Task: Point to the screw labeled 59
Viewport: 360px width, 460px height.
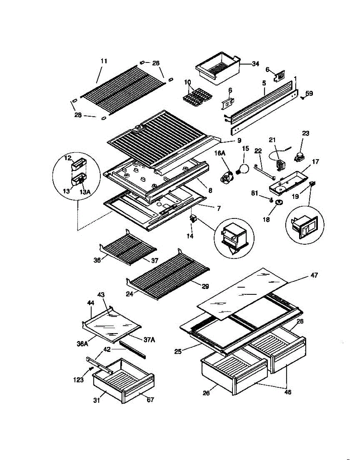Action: pyautogui.click(x=303, y=98)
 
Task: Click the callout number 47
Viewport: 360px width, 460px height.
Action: pyautogui.click(x=314, y=275)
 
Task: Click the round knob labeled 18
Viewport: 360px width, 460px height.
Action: pyautogui.click(x=279, y=202)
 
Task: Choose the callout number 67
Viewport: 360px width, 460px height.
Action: pyautogui.click(x=150, y=399)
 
